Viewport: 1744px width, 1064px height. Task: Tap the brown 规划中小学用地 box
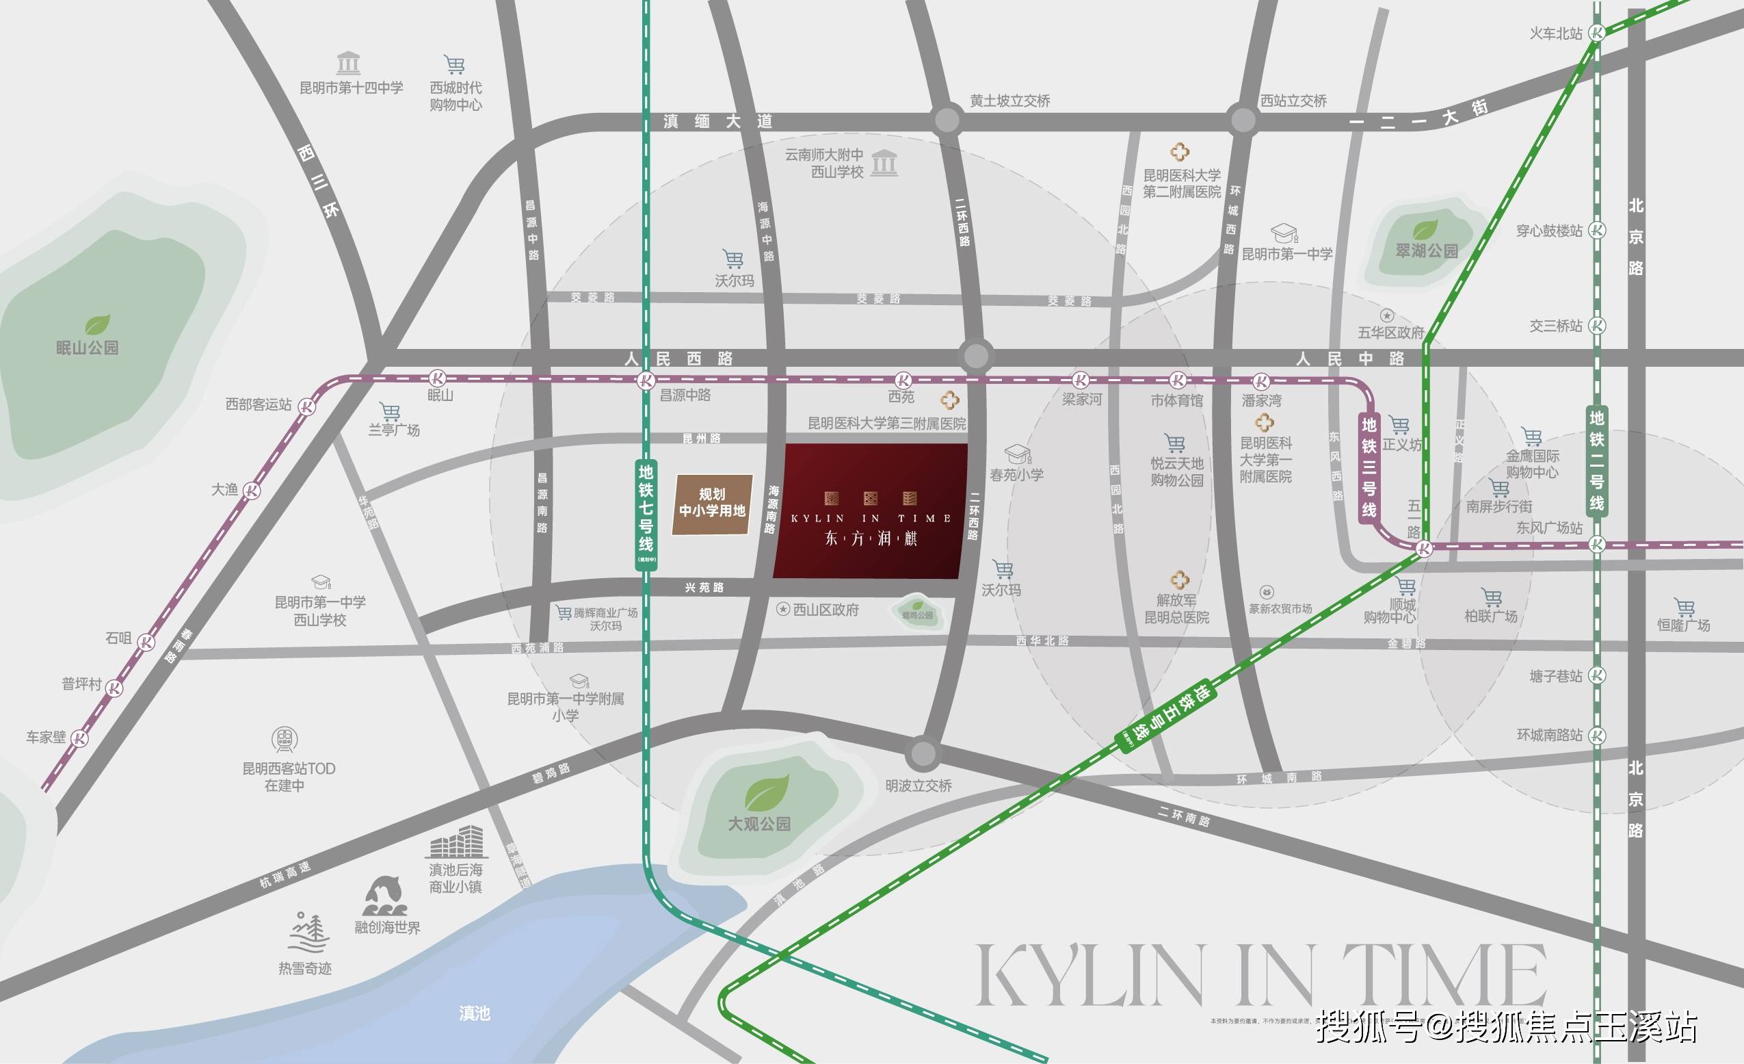point(712,504)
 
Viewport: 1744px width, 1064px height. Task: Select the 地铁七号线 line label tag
point(646,512)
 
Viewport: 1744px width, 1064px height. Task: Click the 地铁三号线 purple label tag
point(1369,468)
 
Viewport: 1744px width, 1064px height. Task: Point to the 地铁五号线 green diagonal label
point(1168,716)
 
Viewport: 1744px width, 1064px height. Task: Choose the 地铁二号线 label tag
point(1597,460)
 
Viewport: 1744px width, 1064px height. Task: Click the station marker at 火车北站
point(1597,33)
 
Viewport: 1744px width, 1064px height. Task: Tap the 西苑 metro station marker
point(903,380)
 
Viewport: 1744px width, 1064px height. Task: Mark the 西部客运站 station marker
point(306,406)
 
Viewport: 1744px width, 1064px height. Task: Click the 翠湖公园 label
point(1426,250)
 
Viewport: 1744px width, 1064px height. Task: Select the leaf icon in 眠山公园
point(98,325)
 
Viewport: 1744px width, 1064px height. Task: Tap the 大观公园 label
point(758,824)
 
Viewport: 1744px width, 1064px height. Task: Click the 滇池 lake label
point(474,1014)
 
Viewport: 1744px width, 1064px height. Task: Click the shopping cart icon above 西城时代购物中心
point(454,64)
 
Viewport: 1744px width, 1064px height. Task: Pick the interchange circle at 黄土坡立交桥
point(947,121)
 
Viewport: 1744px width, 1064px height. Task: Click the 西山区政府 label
point(825,610)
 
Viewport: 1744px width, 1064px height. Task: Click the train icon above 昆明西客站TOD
point(285,740)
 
